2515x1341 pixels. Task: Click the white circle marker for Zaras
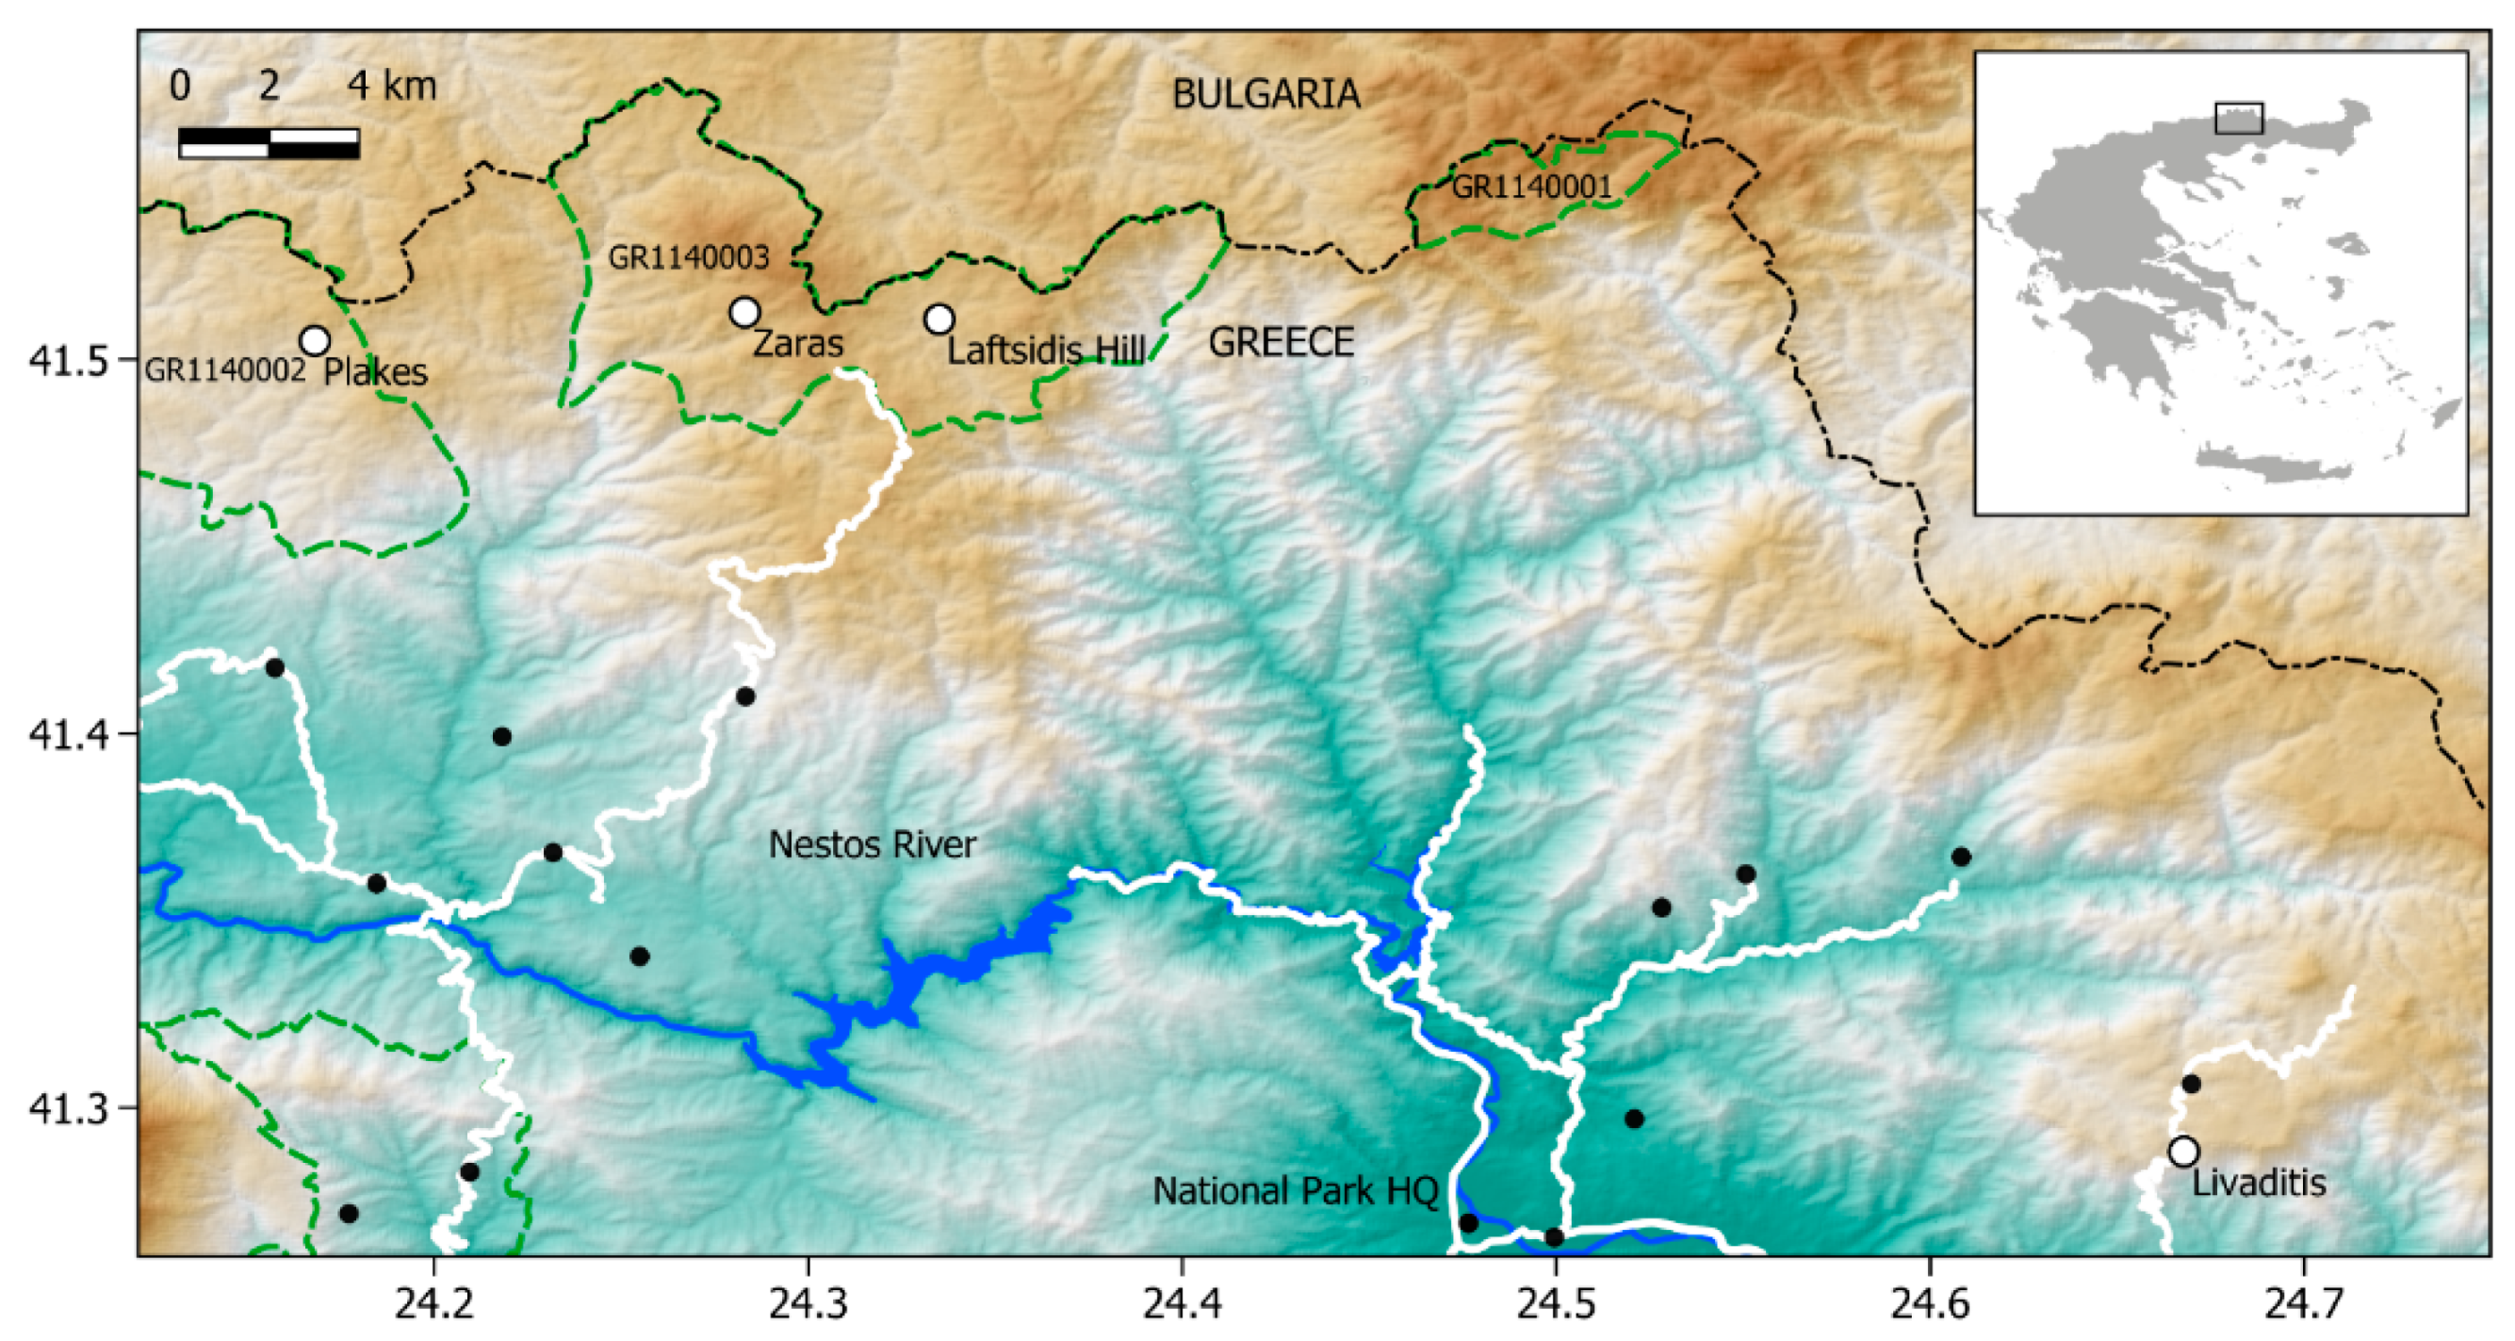[745, 312]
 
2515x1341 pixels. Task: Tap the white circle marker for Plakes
[315, 340]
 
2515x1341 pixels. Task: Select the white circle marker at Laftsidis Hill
[939, 319]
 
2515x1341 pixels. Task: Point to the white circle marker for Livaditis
[2184, 1152]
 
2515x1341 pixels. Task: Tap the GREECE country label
[1281, 343]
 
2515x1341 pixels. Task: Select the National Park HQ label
[1296, 1191]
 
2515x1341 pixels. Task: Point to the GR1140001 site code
[1531, 187]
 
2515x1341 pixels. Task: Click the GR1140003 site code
[688, 258]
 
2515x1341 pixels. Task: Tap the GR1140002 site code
[225, 370]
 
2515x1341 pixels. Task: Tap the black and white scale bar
[269, 142]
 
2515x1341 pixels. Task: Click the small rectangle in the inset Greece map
[2239, 118]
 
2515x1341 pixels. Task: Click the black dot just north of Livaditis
[2191, 1083]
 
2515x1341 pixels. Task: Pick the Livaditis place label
[2260, 1184]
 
